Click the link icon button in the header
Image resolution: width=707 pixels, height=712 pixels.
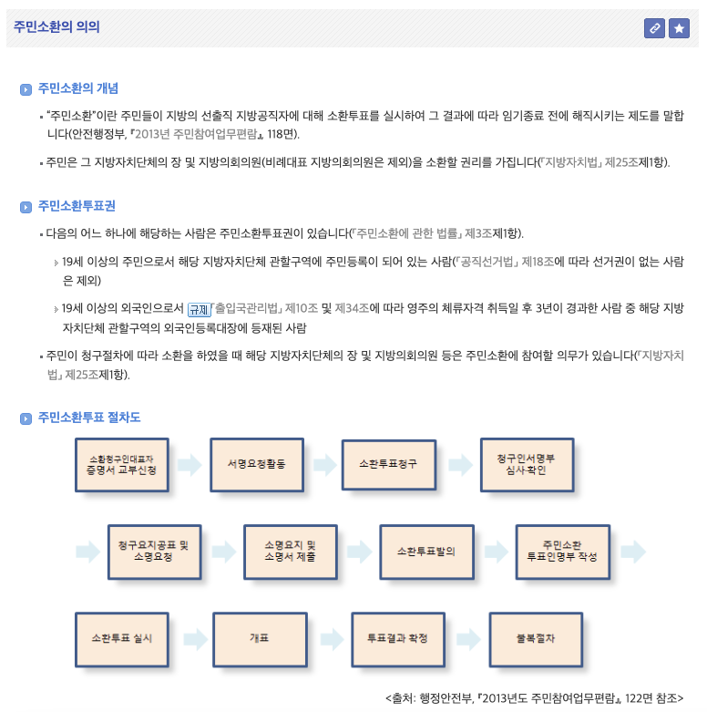[x=654, y=28]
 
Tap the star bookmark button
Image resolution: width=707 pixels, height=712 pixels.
[x=679, y=28]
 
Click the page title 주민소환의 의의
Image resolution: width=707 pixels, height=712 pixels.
[x=56, y=27]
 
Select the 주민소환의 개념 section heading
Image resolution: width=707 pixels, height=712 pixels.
[x=78, y=89]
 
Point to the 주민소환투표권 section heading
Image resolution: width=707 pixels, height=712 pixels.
[x=77, y=206]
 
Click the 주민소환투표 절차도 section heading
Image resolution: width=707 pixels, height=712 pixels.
[x=89, y=418]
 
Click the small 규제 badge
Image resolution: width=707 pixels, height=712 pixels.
[x=199, y=309]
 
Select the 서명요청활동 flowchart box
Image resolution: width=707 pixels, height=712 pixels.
[x=256, y=464]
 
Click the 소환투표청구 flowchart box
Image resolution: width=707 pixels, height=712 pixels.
[x=388, y=464]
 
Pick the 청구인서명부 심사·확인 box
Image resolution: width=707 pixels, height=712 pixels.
[x=527, y=464]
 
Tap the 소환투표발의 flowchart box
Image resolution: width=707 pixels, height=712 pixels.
[x=425, y=552]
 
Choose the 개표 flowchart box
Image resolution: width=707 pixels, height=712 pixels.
[x=259, y=637]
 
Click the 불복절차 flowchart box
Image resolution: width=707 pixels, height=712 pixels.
[x=536, y=637]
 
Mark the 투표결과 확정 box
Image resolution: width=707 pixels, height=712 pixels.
[x=397, y=637]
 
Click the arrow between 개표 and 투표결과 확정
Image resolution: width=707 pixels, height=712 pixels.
[x=329, y=637]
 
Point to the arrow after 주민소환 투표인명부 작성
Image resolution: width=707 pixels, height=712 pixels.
[x=633, y=552]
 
